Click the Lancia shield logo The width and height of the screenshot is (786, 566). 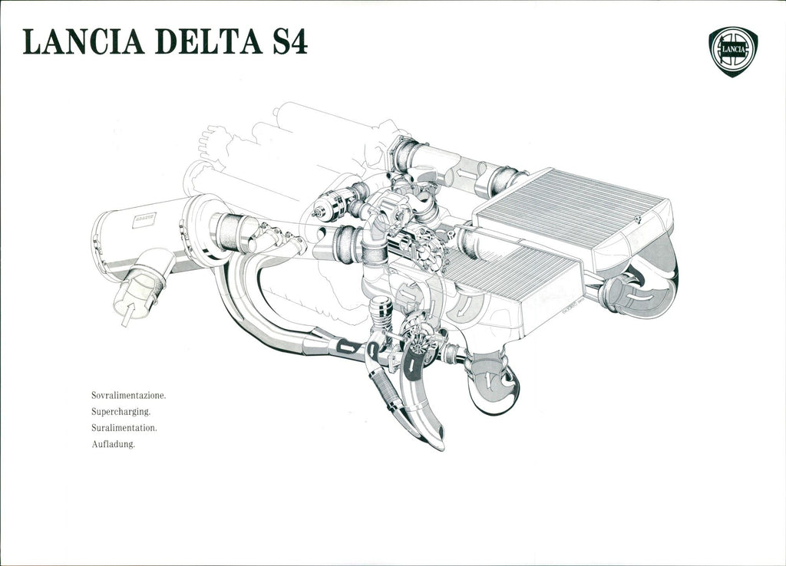(732, 51)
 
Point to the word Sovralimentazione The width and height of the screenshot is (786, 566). (128, 396)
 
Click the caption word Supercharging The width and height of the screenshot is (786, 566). (121, 412)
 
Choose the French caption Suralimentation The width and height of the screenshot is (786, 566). (124, 428)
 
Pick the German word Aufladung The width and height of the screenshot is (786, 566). (113, 444)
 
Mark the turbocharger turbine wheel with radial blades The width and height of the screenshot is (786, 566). (419, 337)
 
